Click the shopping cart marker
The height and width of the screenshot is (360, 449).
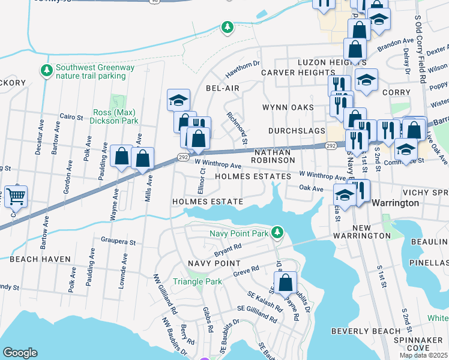coord(16,196)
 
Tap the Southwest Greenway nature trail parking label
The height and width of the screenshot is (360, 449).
coord(95,72)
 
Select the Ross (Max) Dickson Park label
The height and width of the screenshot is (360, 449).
coord(114,116)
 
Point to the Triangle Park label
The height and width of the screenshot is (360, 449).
coord(196,281)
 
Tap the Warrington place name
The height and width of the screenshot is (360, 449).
coord(396,203)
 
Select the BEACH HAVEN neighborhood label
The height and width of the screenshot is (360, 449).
coord(40,259)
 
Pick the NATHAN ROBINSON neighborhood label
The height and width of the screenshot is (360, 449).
coord(273,157)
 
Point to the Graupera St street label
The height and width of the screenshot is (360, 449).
coord(116,243)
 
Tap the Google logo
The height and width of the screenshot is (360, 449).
coord(20,352)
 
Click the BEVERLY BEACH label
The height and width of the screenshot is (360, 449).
coord(366,331)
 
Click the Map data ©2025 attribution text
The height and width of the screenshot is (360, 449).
coord(423,355)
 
